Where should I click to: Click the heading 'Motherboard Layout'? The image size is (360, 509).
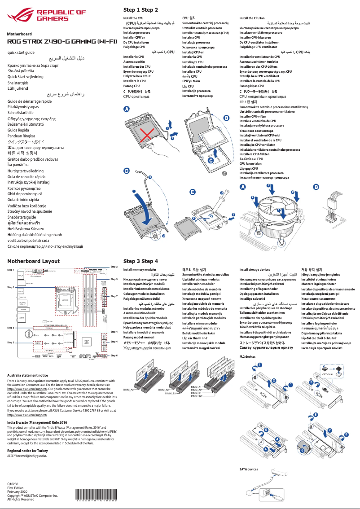point(33,261)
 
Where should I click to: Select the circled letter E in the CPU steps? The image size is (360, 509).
point(192,192)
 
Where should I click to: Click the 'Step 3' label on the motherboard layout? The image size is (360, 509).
point(114,279)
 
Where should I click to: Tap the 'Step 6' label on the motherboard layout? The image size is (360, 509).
point(114,355)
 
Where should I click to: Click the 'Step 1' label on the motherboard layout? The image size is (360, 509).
point(11,287)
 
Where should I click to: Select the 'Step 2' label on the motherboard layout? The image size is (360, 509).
point(114,267)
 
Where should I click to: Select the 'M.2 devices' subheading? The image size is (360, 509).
point(247,356)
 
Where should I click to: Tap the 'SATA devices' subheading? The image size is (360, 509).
point(249,469)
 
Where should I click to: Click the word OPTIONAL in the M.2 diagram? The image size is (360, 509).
point(328,374)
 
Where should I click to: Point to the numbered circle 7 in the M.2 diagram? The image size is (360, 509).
point(330,430)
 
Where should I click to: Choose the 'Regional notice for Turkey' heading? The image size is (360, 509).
point(27,450)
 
